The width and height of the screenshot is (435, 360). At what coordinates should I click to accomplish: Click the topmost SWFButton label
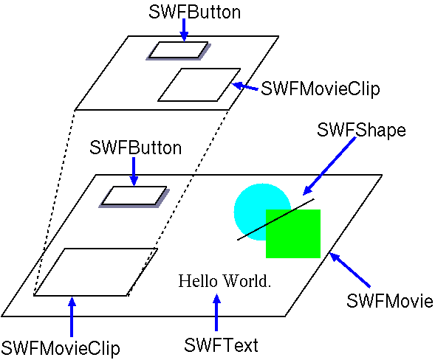coord(194,13)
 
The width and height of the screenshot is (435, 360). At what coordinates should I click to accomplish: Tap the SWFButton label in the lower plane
coord(135,148)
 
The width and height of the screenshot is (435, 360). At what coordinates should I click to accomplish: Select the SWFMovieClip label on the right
coord(321,89)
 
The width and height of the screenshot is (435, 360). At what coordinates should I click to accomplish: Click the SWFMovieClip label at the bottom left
coord(61,348)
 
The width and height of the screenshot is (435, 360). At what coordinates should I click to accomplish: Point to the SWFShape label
coord(361,131)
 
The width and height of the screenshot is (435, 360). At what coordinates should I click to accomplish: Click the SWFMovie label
coord(390,301)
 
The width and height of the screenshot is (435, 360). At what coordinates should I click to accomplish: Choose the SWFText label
coord(221,345)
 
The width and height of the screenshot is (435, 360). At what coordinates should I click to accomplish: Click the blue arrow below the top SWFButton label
coord(184,30)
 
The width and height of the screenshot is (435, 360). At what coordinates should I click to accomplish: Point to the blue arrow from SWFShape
coord(329,166)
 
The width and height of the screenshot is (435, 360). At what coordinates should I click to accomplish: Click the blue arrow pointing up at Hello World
coord(216,312)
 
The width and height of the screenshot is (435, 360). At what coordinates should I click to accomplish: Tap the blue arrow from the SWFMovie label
coord(349,270)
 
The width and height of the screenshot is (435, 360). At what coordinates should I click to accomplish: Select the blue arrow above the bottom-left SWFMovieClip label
coord(72,316)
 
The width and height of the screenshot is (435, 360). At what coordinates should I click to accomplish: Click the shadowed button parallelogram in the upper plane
coord(179,51)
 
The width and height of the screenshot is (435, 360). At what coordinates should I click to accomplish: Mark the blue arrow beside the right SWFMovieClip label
coord(244,86)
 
